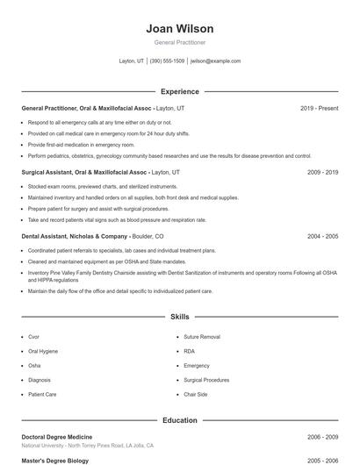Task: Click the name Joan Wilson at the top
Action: point(179,29)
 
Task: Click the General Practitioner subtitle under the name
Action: point(179,42)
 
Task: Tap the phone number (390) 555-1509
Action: point(167,61)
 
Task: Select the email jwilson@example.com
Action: point(215,61)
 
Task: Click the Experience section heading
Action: point(179,91)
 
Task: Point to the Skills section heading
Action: point(179,316)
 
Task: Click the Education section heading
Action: point(179,420)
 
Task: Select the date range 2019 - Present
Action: point(319,108)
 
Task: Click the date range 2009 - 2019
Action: point(322,172)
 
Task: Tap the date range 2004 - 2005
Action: point(322,236)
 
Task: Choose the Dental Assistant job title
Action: point(75,236)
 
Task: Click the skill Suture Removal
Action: point(201,336)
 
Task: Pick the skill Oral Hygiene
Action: point(43,351)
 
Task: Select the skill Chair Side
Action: point(196,395)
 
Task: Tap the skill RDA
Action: point(189,351)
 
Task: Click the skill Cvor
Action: point(33,336)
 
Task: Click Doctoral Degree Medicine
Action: point(58,436)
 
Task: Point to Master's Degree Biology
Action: point(55,460)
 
